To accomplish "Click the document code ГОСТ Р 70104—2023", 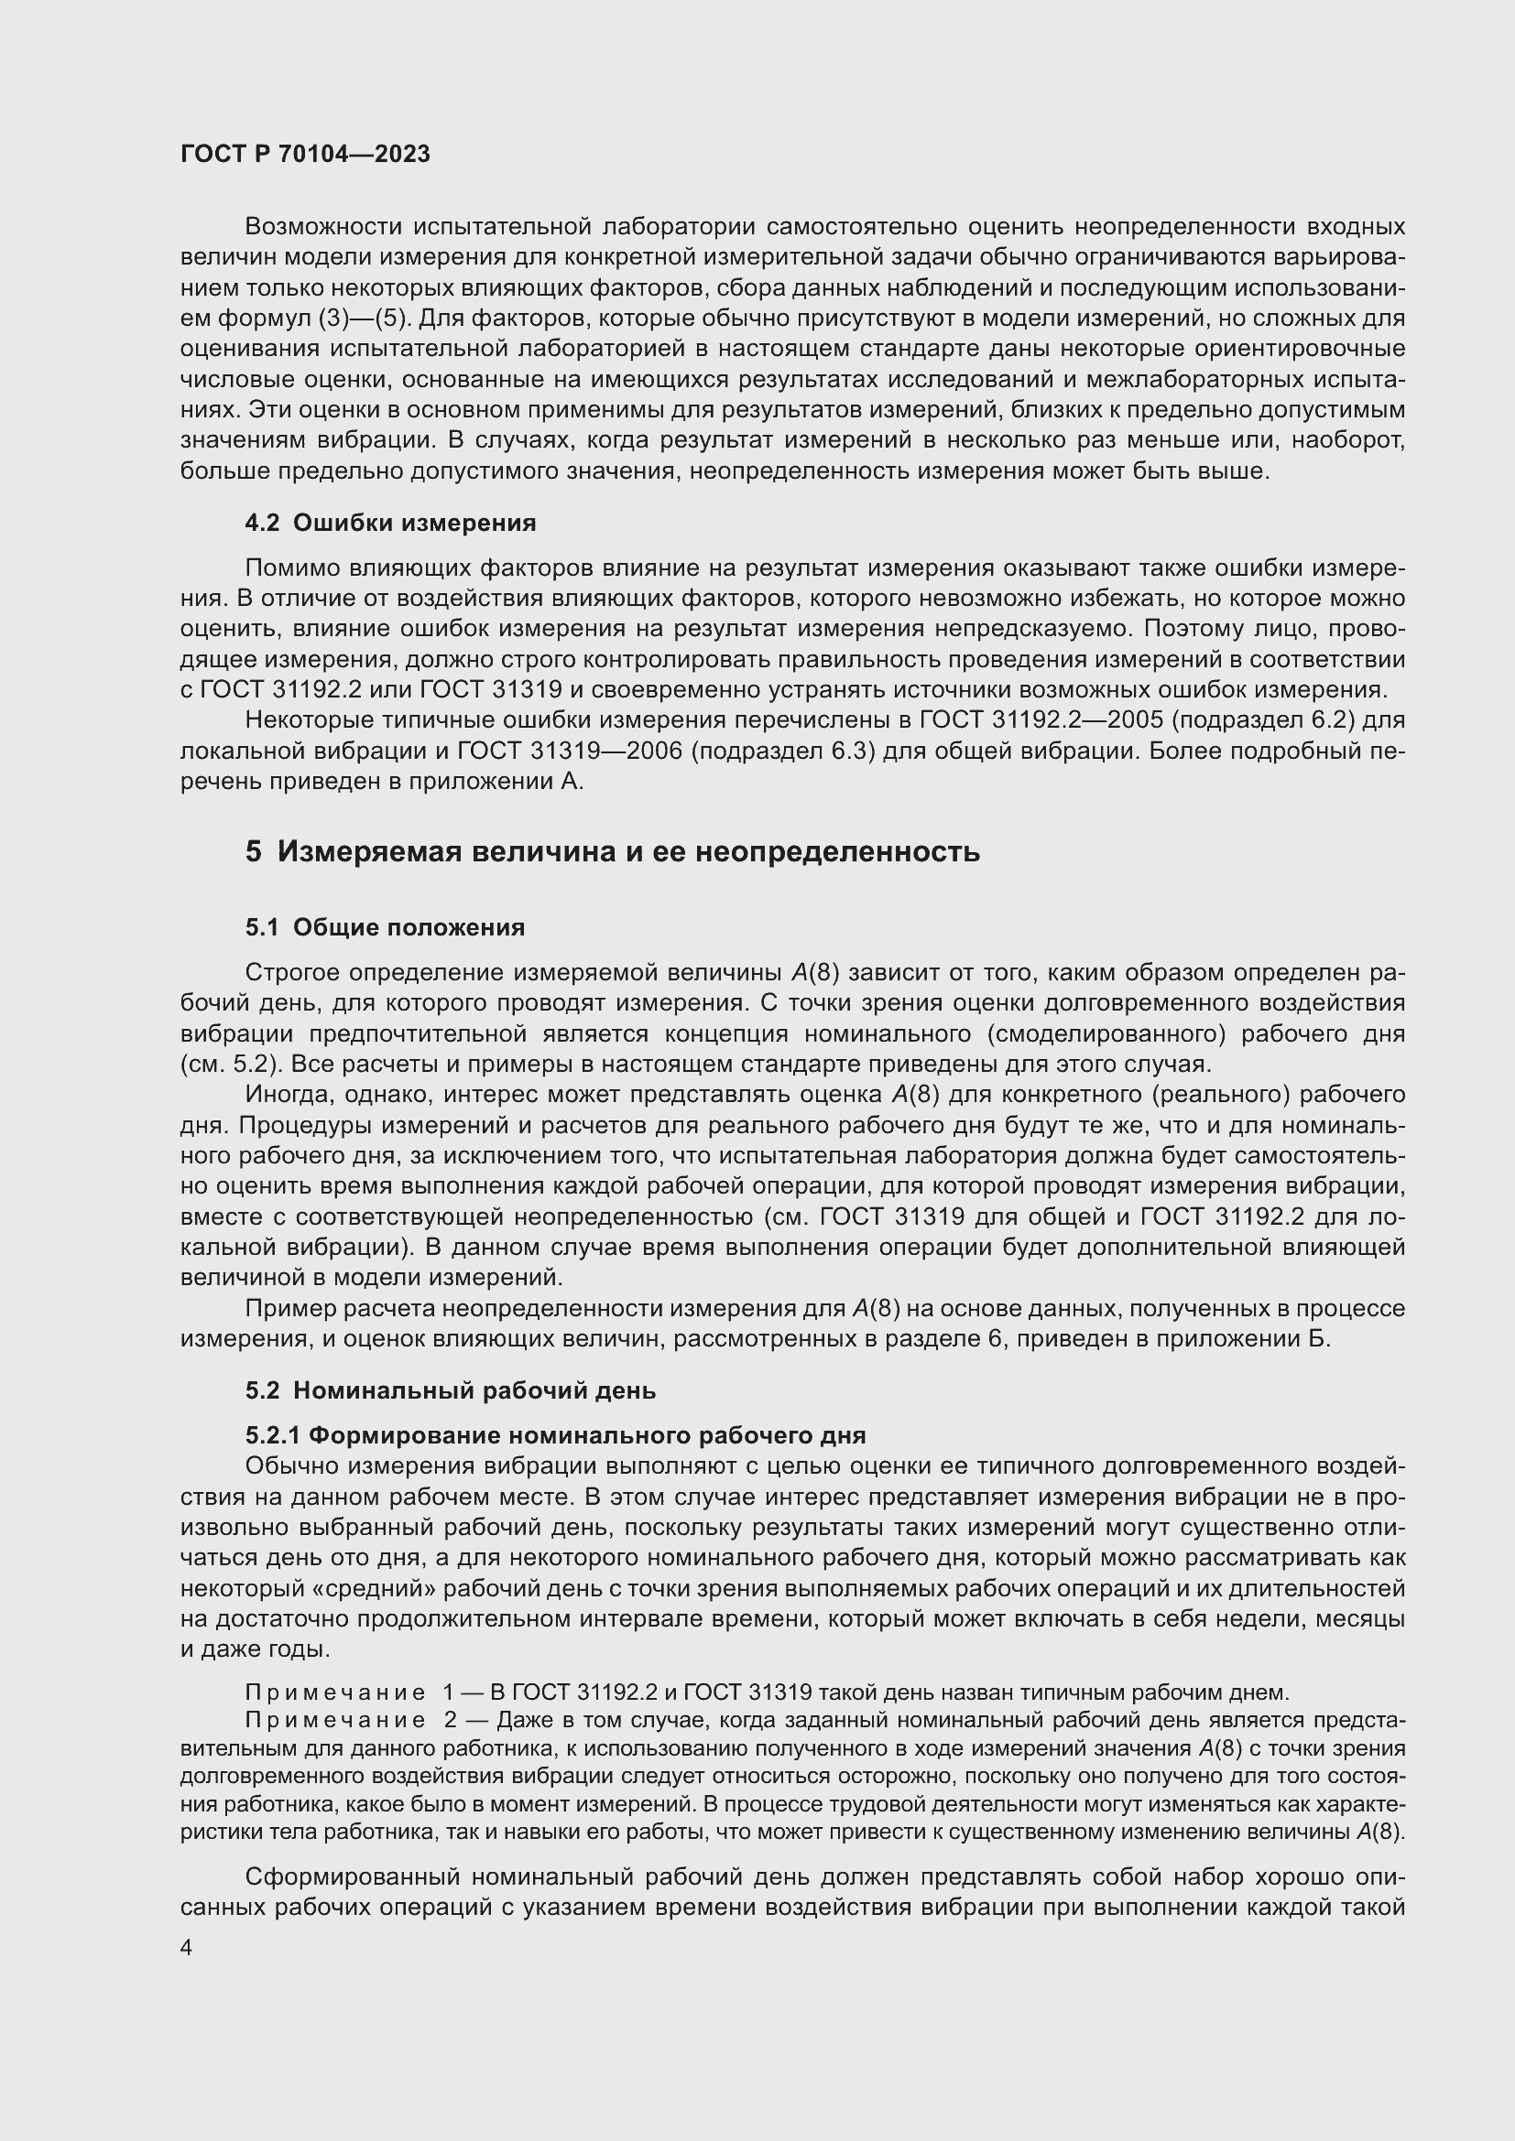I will (305, 154).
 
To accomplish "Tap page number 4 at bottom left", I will (187, 1947).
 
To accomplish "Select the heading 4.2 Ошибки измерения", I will (390, 524).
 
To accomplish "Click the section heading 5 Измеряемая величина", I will (612, 851).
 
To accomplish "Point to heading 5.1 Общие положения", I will (385, 927).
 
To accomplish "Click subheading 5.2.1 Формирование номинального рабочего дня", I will (555, 1435).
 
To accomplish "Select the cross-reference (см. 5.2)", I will (218, 1064).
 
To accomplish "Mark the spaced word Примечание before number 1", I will (335, 1692).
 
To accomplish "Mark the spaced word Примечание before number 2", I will (335, 1721).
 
